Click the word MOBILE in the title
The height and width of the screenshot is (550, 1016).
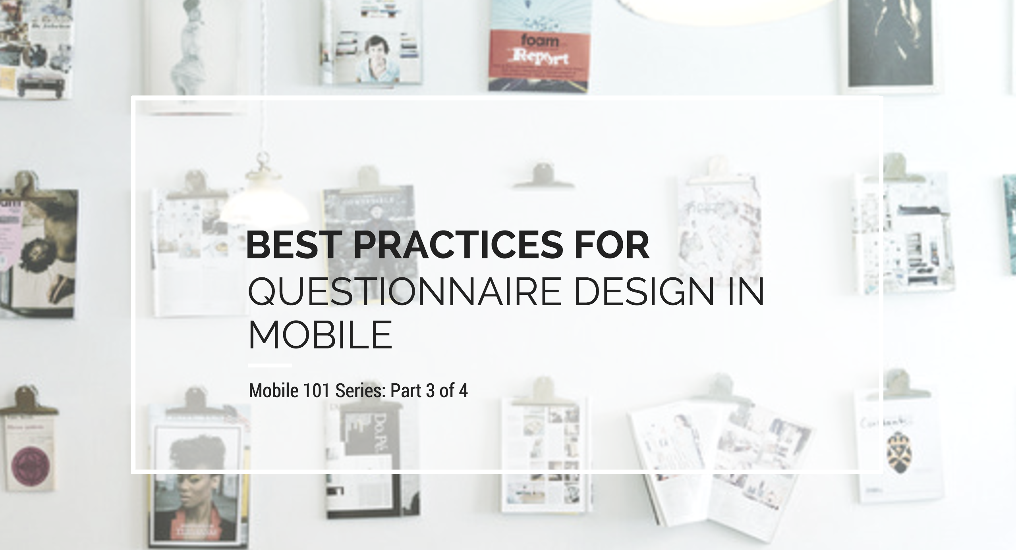[320, 335]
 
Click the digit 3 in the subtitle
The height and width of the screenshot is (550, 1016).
[430, 391]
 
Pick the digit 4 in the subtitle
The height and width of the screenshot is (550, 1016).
[463, 391]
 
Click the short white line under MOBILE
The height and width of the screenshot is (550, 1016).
[270, 365]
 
